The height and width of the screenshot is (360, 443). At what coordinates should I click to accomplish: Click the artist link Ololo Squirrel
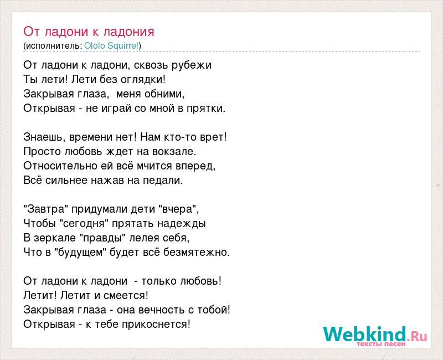click(x=111, y=46)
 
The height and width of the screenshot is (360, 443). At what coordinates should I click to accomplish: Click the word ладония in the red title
click(x=129, y=32)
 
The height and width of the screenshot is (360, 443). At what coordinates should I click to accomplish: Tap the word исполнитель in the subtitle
click(x=53, y=46)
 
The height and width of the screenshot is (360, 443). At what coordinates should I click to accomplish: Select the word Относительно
click(x=60, y=166)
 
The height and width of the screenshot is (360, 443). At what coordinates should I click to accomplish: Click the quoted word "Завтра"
click(x=46, y=209)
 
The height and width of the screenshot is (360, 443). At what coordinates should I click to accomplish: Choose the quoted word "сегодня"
click(x=84, y=224)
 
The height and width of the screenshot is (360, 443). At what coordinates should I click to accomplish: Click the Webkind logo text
click(x=375, y=334)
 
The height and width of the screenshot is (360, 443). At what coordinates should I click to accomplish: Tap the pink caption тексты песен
click(x=381, y=344)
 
